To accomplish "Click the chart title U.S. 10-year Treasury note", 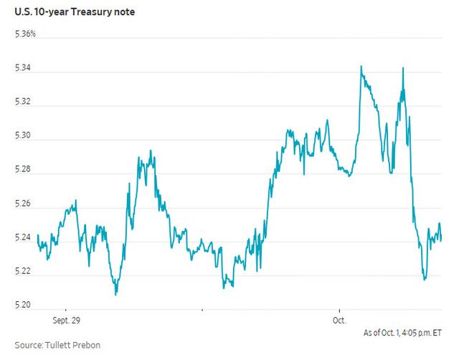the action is point(75,12).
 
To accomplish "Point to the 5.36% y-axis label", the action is point(26,34).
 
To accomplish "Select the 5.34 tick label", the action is point(23,68).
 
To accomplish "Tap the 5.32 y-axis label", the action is point(23,102).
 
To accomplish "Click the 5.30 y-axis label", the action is point(23,136).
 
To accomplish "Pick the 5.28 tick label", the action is point(23,169).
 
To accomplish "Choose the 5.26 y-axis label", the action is point(23,204).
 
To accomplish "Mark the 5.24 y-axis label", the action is point(23,237).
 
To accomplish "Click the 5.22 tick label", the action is point(23,271).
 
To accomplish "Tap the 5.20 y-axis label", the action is point(23,305).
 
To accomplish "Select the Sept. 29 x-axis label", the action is point(67,320).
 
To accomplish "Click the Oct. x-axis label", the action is point(339,320).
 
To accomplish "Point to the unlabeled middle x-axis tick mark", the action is point(202,310).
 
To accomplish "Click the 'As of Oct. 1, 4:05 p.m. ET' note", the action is point(402,333).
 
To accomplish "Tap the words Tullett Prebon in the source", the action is point(72,345).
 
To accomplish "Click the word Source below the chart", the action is point(29,345).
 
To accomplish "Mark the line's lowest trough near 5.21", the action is point(115,295).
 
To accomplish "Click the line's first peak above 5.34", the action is point(361,66).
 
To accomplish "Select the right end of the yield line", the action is point(441,239).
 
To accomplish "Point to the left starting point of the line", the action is point(38,235).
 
